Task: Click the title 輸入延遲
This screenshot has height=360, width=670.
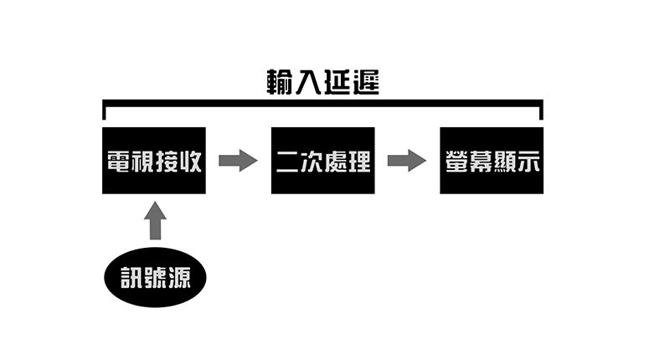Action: tap(323, 82)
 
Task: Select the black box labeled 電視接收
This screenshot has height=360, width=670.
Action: tap(154, 161)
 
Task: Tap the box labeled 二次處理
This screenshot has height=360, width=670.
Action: tap(323, 161)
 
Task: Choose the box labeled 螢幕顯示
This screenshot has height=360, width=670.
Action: tap(492, 161)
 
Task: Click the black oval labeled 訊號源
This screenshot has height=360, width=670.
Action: tap(155, 277)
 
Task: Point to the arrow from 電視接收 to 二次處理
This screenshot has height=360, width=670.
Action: tap(238, 161)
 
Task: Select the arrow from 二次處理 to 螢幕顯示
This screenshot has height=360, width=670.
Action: tap(407, 161)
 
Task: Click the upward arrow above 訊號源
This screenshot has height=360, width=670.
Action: tap(155, 220)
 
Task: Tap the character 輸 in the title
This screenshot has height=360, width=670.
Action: tap(280, 82)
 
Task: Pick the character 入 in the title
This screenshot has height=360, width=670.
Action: tap(307, 82)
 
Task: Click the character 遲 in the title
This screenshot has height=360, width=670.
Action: tap(366, 82)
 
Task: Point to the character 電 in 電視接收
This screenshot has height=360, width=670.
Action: tap(119, 161)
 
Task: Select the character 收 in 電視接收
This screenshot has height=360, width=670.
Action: tap(190, 161)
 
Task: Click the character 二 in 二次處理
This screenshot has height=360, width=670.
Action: tap(287, 162)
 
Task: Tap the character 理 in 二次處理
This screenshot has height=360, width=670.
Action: tap(358, 161)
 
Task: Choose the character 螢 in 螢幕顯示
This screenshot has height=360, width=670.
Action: tap(456, 161)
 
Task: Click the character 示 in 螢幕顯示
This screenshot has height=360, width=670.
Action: tap(528, 162)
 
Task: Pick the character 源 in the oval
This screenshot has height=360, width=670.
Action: tap(179, 278)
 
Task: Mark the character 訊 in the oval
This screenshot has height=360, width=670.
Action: tap(131, 278)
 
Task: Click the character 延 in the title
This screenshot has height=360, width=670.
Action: tap(337, 82)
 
